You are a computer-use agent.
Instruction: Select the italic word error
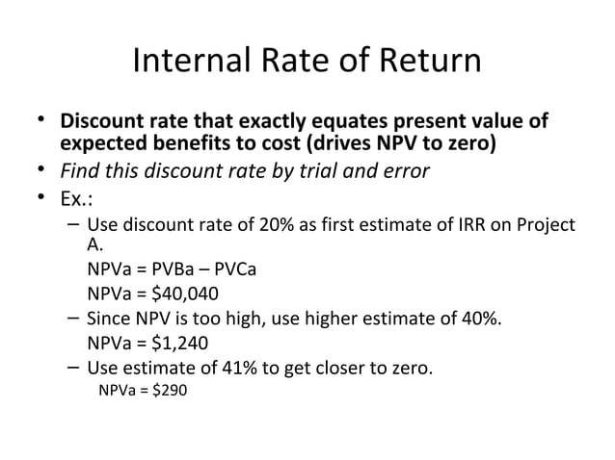[400, 171]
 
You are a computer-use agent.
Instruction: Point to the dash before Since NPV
[74, 319]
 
